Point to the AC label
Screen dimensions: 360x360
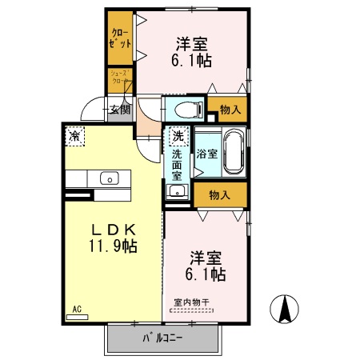coord(78,308)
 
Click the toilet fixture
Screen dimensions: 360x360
coord(186,108)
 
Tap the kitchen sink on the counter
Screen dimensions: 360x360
coord(108,178)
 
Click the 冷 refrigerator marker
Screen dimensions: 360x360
coord(74,136)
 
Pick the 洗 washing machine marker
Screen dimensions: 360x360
coord(177,136)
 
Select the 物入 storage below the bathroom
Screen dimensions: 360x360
coord(219,194)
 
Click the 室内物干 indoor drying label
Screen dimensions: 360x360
coord(191,302)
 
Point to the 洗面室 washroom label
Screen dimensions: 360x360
coord(177,163)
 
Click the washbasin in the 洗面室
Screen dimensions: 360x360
coord(177,191)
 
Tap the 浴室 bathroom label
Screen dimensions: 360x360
coord(206,153)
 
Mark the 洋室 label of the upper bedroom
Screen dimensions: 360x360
coord(192,42)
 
